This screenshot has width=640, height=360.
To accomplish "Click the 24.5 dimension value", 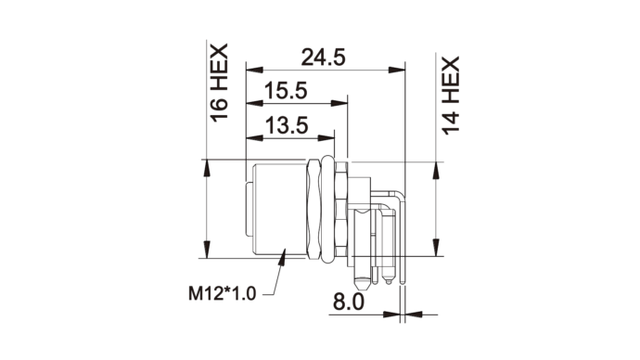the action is (324, 58).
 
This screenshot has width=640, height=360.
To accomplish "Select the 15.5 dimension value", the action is (286, 91).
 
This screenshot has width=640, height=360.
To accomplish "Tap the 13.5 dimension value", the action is (287, 125).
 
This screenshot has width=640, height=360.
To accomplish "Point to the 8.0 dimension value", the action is (348, 302).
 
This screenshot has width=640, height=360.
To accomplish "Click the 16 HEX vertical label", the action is (219, 83).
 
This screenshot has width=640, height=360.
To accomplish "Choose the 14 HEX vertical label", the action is (451, 96).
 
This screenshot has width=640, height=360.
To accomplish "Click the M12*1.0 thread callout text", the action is (222, 293).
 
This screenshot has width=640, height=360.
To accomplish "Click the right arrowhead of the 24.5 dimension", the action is (397, 70).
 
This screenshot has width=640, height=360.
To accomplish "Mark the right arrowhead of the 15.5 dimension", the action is (339, 103).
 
